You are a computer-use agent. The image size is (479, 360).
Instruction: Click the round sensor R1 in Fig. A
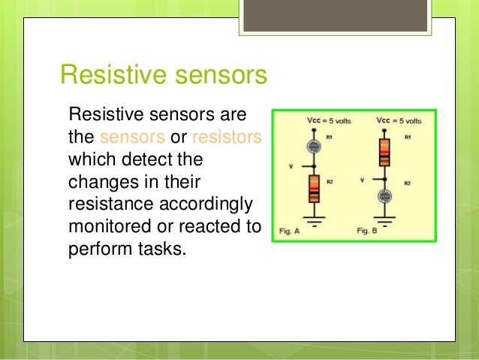(315, 147)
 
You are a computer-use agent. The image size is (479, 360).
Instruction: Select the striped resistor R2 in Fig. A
(315, 188)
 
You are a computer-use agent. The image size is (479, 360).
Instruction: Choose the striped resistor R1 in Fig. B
(384, 150)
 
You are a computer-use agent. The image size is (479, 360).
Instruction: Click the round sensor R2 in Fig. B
(384, 197)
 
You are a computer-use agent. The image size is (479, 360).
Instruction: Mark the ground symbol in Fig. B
(384, 220)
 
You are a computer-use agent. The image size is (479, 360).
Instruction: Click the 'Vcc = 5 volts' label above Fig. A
(329, 120)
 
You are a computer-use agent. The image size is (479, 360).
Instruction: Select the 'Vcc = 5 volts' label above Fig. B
(399, 120)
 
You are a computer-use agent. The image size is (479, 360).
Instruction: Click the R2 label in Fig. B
(408, 183)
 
